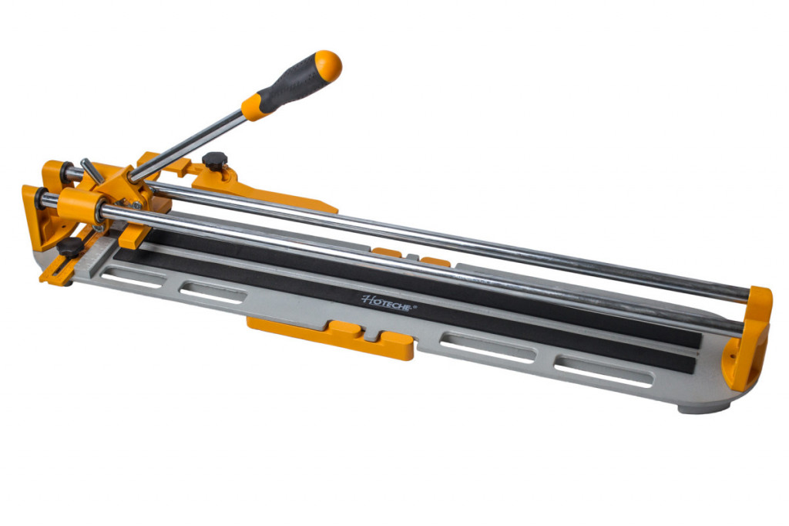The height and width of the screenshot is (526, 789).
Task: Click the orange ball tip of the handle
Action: [328, 66]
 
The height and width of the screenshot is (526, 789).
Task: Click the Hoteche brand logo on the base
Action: [386, 303]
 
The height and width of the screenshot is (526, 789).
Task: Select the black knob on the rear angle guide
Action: [215, 160]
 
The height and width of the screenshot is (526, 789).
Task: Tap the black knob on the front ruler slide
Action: [69, 248]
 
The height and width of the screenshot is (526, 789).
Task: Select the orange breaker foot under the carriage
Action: [134, 235]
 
